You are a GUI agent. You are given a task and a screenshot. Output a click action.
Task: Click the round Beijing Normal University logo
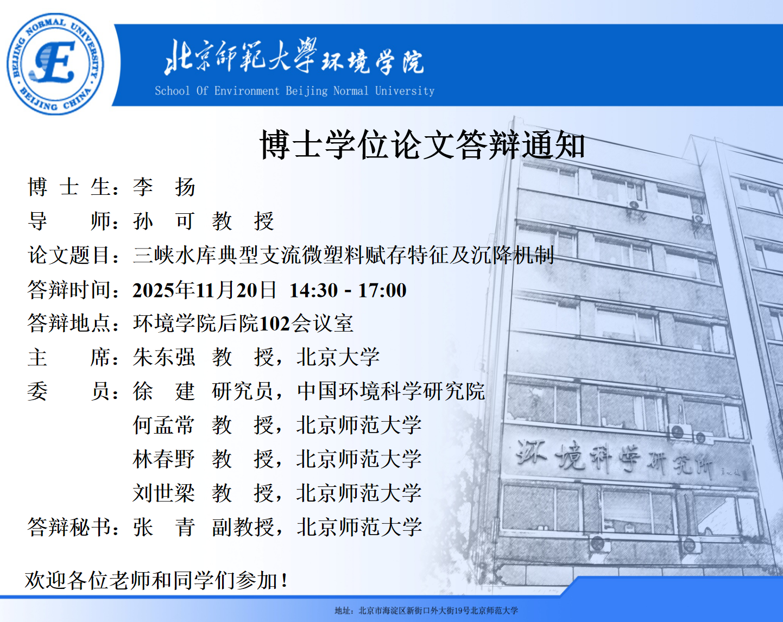pos(55,64)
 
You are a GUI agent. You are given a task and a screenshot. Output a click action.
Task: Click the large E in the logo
pos(55,61)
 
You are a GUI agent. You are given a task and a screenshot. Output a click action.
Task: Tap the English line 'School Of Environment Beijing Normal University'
pos(294,91)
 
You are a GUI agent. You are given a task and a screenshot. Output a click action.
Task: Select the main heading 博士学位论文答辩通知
pos(422,145)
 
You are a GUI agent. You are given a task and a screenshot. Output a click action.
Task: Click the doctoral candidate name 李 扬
pos(164,187)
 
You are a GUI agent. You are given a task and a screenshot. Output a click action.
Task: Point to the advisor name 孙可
pos(163,221)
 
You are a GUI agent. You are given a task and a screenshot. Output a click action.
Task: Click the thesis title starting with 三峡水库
pos(344,255)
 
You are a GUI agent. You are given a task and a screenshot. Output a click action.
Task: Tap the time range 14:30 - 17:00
pos(348,290)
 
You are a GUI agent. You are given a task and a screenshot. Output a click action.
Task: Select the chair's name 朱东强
pos(164,357)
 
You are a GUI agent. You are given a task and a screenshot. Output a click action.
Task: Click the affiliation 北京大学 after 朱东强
pos(338,357)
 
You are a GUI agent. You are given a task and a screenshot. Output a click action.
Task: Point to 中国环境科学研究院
pos(391,391)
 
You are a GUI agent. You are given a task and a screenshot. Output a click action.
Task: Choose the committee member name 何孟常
pos(164,425)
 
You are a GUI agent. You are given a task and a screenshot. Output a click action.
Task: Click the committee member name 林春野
pos(164,459)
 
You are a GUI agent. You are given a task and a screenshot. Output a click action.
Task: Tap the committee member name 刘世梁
pos(164,493)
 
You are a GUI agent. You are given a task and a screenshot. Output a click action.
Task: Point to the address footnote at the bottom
pos(426,611)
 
